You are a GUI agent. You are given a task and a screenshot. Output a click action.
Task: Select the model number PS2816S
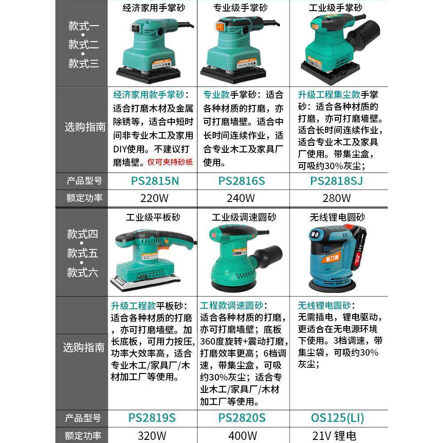click(241, 181)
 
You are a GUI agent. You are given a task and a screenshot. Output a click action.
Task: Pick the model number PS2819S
click(152, 417)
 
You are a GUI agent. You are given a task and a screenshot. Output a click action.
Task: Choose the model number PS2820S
click(241, 417)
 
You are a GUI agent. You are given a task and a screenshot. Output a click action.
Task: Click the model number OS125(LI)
click(338, 417)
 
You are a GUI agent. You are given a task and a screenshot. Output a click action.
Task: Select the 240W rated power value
click(241, 198)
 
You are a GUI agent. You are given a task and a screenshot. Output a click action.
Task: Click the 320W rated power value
click(152, 435)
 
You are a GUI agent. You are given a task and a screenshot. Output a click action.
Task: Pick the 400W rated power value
click(241, 435)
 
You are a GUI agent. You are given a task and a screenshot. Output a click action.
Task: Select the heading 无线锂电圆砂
click(338, 218)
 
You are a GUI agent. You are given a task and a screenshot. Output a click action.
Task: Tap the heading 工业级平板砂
click(153, 218)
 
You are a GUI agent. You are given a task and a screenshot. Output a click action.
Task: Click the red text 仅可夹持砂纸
click(170, 162)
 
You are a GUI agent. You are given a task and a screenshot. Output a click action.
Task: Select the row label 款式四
click(82, 234)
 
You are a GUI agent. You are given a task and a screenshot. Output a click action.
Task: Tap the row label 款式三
click(83, 63)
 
